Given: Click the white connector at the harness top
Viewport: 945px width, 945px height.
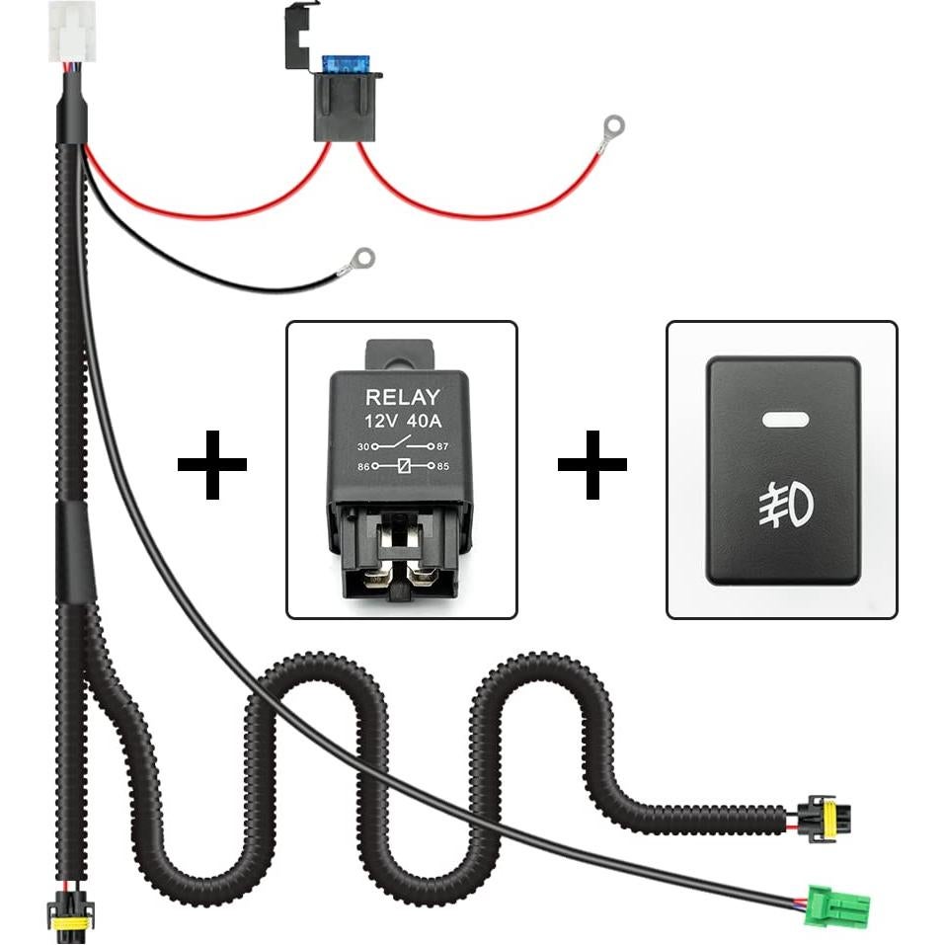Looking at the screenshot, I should tap(66, 40).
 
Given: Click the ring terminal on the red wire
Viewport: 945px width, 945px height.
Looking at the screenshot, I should tap(611, 126).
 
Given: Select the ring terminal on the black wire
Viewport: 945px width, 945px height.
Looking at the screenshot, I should tap(363, 259).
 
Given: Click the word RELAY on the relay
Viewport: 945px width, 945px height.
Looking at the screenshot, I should tap(402, 399).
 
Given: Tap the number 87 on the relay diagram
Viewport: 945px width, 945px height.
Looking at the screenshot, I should tap(442, 446).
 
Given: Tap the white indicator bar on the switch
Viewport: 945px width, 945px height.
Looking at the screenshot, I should tap(784, 419).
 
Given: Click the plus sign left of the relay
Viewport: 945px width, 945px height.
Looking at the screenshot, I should tap(212, 463).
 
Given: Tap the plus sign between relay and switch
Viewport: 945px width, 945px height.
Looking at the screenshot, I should tap(592, 463).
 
